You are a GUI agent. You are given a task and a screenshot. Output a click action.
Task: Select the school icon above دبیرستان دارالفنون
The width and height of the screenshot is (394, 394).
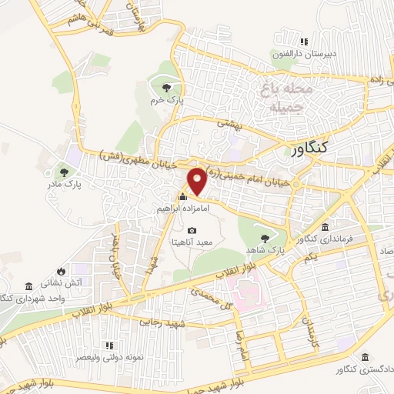pyautogui.click(x=304, y=42)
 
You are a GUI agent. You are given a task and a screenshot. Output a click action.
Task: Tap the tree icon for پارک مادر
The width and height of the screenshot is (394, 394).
pyautogui.click(x=63, y=172)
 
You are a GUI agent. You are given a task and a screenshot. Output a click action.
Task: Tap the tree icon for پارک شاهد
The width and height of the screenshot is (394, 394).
pyautogui.click(x=266, y=238)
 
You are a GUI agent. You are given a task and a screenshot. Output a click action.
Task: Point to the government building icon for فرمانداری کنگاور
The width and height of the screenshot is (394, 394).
pyautogui.click(x=326, y=227)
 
